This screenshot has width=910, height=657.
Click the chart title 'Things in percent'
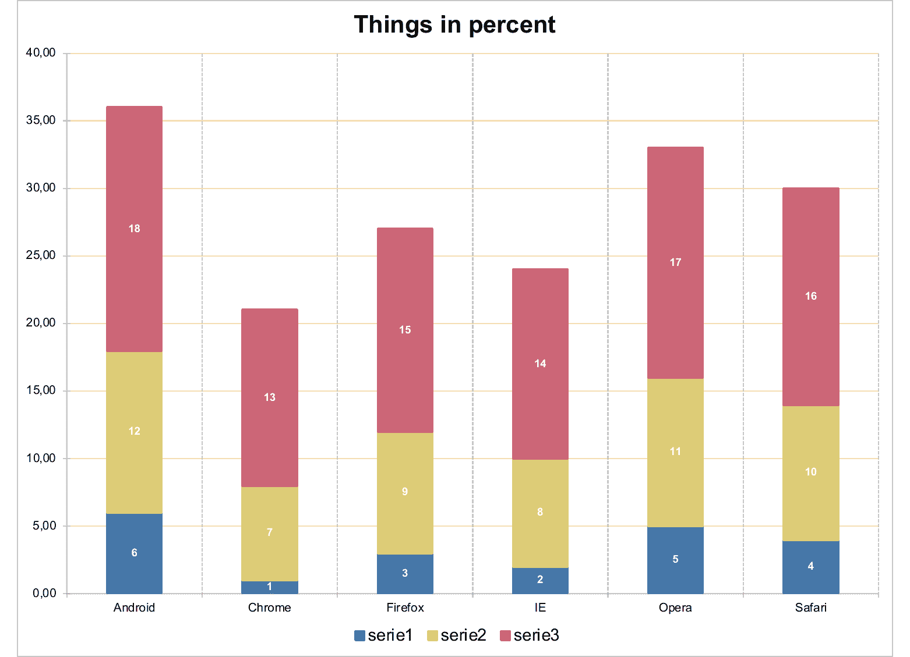tap(454, 25)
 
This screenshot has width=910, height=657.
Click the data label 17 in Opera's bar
tap(675, 262)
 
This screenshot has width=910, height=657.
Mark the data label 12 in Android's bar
tap(134, 431)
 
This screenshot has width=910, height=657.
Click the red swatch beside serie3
tap(505, 636)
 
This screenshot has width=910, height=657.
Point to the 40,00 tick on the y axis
tap(41, 53)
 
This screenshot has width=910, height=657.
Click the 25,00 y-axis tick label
tap(41, 255)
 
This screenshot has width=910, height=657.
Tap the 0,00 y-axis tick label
tap(44, 593)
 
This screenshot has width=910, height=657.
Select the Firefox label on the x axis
tap(405, 608)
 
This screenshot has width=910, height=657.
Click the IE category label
tap(540, 608)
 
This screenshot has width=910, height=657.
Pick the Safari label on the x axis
tap(810, 608)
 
